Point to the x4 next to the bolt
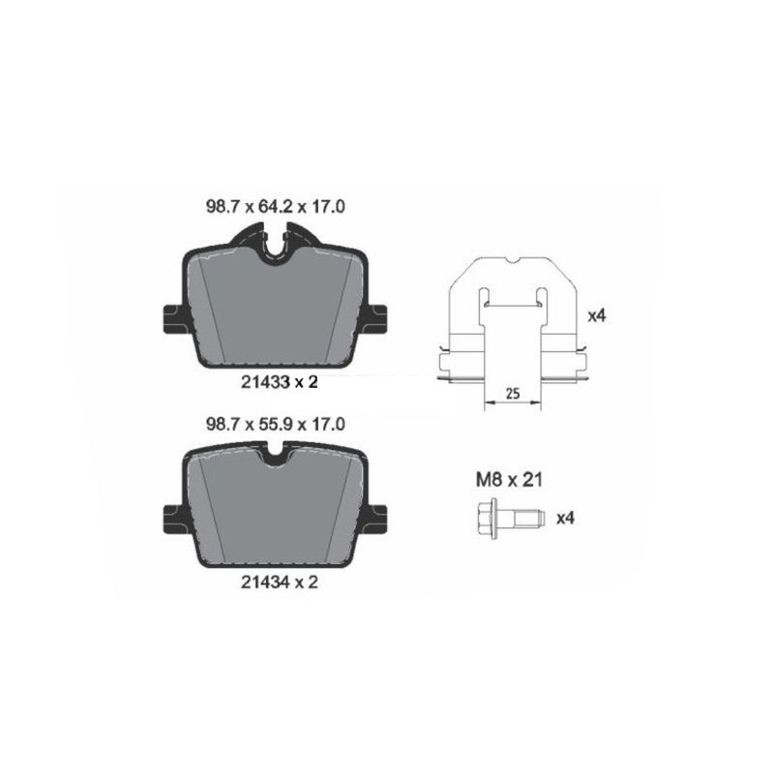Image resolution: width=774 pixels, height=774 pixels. click(x=566, y=518)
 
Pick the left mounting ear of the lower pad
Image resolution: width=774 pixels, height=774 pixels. click(x=168, y=516)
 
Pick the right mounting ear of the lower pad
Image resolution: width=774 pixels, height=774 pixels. click(x=379, y=516)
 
